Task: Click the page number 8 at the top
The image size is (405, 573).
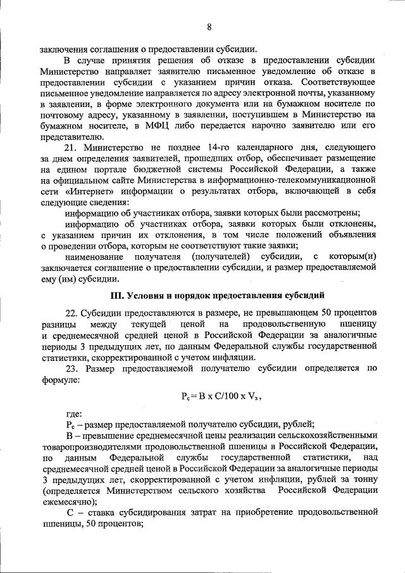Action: point(208,27)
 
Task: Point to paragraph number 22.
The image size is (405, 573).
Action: point(72,313)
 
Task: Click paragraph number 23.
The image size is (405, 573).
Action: point(72,368)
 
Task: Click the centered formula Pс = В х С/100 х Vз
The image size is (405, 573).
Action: point(221,398)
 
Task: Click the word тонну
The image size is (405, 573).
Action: point(365,479)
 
